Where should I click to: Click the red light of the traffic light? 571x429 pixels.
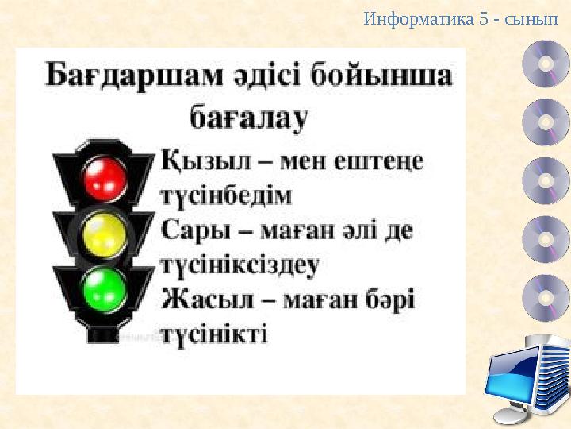tap(105, 177)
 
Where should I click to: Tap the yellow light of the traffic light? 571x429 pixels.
tap(105, 232)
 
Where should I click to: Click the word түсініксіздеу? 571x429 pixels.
tap(240, 265)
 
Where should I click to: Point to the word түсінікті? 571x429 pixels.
tap(214, 334)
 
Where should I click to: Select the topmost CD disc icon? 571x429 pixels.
tap(546, 64)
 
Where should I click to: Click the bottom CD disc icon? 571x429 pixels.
tap(546, 298)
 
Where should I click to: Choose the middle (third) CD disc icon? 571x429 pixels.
tap(546, 181)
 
